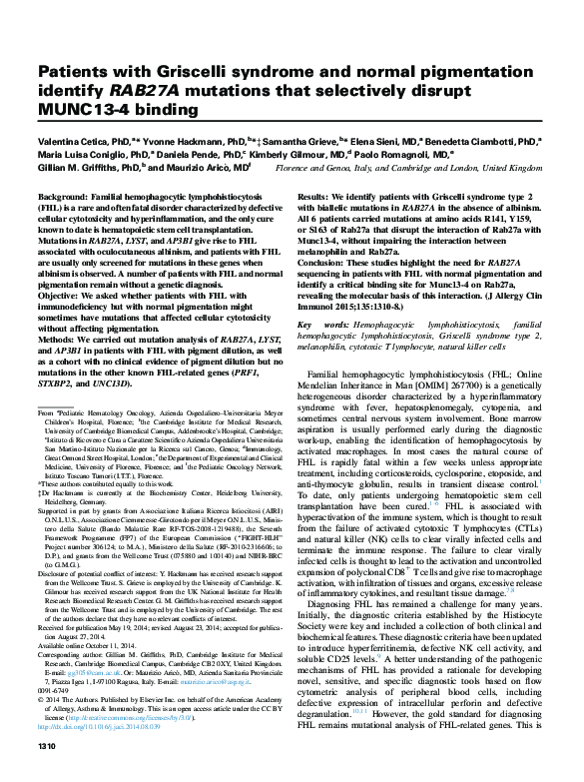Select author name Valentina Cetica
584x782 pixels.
pyautogui.click(x=71, y=144)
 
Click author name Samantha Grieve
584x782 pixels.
pyautogui.click(x=294, y=144)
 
